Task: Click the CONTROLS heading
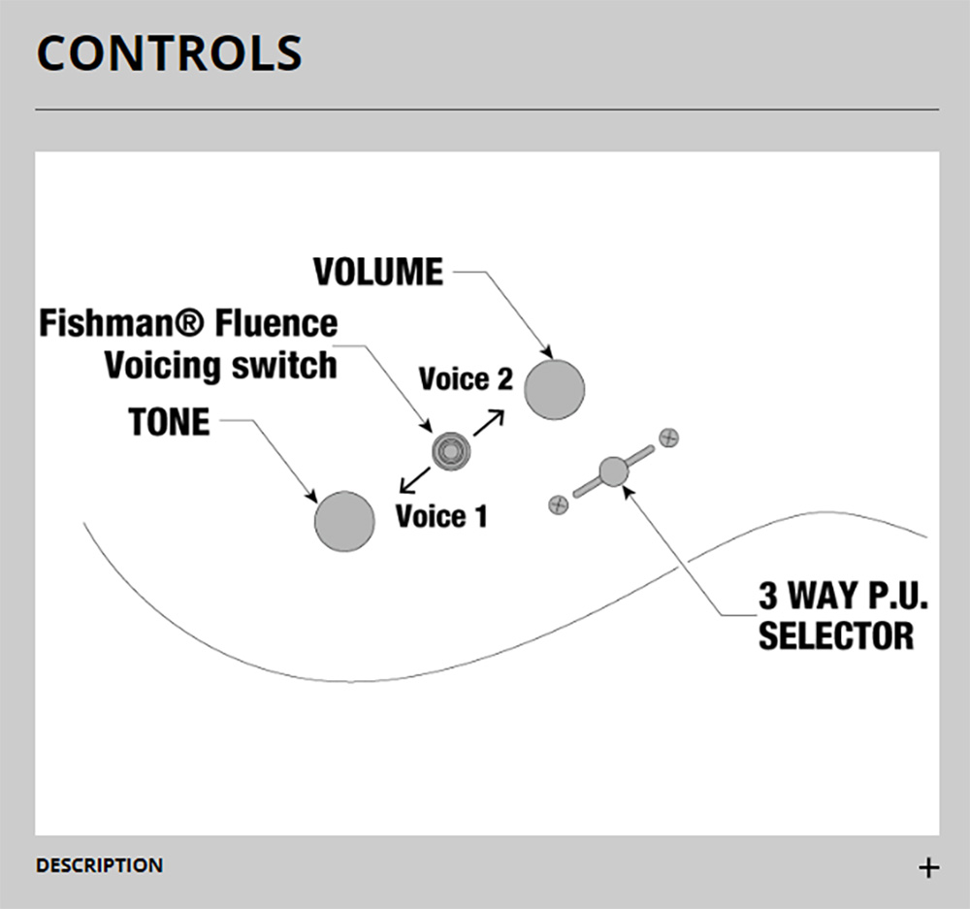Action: [170, 52]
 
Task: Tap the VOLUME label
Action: [378, 272]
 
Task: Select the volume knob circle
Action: [554, 390]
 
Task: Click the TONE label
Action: [170, 422]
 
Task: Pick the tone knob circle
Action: [344, 522]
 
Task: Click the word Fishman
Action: [120, 323]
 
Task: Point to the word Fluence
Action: [276, 323]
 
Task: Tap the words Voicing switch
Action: [221, 366]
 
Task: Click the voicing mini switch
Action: [451, 451]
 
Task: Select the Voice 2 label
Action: [466, 378]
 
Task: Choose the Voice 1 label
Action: [441, 516]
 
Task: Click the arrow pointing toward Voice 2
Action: [489, 423]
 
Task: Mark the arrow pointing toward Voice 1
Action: [414, 479]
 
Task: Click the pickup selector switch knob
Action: [614, 471]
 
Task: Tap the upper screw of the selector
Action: [668, 438]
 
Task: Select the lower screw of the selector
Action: [559, 504]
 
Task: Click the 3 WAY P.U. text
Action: [843, 596]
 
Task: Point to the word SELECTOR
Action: [836, 635]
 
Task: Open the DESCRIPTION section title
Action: [100, 865]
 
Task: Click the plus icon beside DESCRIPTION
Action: [928, 867]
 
